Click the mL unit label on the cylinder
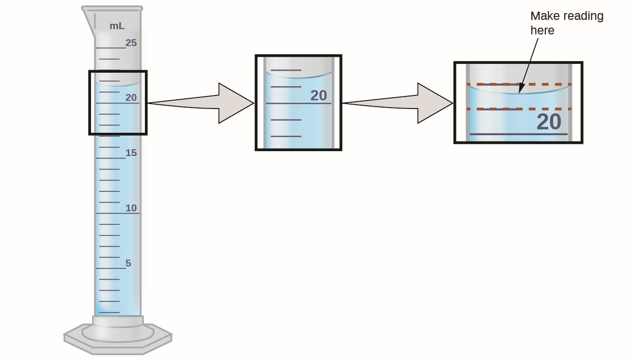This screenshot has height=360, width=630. tap(117, 26)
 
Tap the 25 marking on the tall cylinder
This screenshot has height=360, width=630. tap(131, 43)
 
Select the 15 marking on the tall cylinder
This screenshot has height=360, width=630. tap(131, 153)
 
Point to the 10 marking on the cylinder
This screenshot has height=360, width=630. tap(131, 208)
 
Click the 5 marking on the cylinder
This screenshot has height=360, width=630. tap(128, 263)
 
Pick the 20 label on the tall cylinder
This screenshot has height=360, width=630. tap(131, 97)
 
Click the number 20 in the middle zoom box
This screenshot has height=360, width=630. tap(318, 95)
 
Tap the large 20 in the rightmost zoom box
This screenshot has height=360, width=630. tap(549, 122)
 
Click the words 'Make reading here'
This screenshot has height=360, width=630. tap(566, 23)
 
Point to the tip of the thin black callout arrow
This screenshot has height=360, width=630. tap(520, 92)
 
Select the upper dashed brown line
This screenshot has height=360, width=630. tap(519, 84)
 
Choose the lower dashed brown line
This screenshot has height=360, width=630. tap(519, 109)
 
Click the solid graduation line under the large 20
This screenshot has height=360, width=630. tap(519, 134)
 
